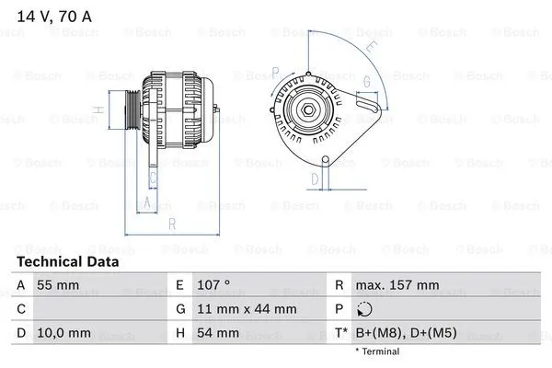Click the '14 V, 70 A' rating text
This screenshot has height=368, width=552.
[54, 17]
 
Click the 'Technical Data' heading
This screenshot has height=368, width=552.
[67, 261]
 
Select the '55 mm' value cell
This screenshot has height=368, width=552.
[58, 285]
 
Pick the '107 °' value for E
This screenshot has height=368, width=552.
[213, 285]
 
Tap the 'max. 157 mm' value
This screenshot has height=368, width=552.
[397, 285]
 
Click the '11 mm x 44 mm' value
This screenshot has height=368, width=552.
[247, 309]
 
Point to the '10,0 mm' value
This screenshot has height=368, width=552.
[63, 333]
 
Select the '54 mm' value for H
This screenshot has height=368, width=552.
[218, 333]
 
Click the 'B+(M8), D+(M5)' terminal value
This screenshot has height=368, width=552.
[406, 333]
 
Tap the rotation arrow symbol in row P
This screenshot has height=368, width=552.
[364, 309]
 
